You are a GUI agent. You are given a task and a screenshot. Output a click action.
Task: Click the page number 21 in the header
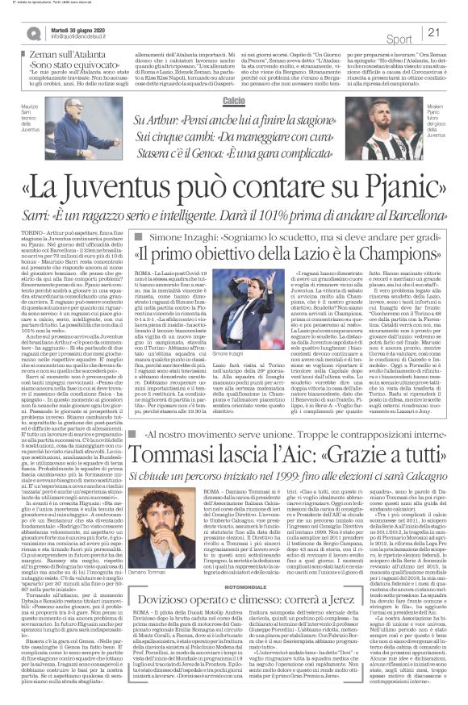(453, 32)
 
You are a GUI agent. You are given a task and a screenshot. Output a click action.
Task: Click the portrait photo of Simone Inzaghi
(248, 298)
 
